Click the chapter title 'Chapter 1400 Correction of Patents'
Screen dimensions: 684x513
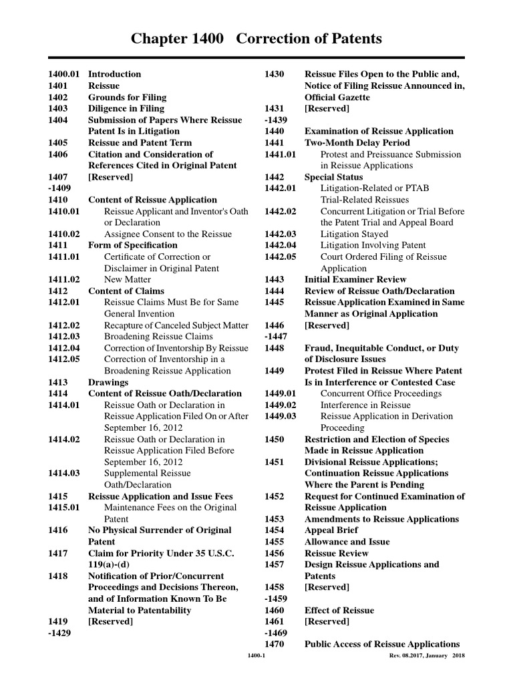coord(256,39)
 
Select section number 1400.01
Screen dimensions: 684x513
coord(63,74)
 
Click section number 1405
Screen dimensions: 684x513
coord(57,142)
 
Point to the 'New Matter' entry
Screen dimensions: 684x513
coord(128,279)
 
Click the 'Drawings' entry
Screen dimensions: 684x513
coord(108,382)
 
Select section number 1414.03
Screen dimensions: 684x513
coord(63,473)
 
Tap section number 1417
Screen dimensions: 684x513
coord(57,553)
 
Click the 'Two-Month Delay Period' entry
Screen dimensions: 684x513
coord(357,142)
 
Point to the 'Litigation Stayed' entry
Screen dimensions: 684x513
coord(354,234)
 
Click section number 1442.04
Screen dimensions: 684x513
coord(280,245)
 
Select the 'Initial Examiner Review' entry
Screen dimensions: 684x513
coord(355,279)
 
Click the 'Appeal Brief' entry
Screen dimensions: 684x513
coord(331,530)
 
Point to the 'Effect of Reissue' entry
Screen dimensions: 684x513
coord(339,610)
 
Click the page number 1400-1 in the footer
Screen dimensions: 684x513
coord(256,656)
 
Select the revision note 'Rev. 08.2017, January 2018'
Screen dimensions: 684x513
coord(427,656)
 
